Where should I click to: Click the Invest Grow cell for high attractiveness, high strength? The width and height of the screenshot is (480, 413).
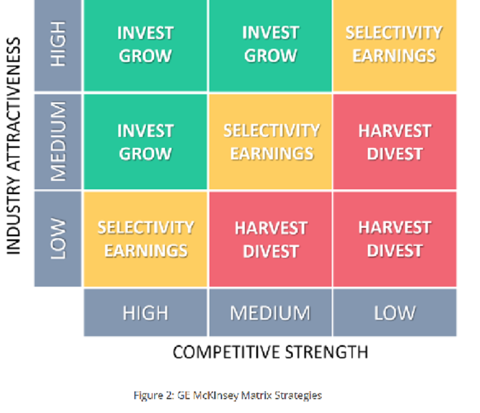pyautogui.click(x=145, y=45)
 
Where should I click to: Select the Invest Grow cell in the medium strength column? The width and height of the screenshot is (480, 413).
pyautogui.click(x=271, y=45)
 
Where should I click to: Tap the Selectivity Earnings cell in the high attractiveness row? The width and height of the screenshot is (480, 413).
pyautogui.click(x=395, y=45)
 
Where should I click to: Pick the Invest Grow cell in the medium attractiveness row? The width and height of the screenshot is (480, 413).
pyautogui.click(x=145, y=142)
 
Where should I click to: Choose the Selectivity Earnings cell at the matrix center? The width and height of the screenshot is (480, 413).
pyautogui.click(x=271, y=142)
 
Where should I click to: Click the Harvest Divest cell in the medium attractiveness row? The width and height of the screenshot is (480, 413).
pyautogui.click(x=395, y=142)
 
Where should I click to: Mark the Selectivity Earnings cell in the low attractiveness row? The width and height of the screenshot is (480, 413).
pyautogui.click(x=145, y=239)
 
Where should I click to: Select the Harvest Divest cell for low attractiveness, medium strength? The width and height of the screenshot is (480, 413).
pyautogui.click(x=271, y=239)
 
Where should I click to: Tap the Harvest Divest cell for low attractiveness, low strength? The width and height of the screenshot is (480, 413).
pyautogui.click(x=395, y=239)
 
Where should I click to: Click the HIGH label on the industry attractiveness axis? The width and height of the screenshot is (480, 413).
pyautogui.click(x=58, y=44)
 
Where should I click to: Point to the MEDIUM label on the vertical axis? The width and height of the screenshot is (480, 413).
pyautogui.click(x=58, y=141)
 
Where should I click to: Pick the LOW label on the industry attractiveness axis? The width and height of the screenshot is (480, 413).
pyautogui.click(x=58, y=239)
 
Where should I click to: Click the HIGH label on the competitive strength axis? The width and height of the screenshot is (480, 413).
pyautogui.click(x=145, y=313)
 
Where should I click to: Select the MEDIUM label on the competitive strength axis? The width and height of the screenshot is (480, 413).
pyautogui.click(x=271, y=313)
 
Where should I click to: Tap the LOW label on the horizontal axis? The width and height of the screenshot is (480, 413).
pyautogui.click(x=395, y=313)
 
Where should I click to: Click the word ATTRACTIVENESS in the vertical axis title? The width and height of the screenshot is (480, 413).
pyautogui.click(x=13, y=105)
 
